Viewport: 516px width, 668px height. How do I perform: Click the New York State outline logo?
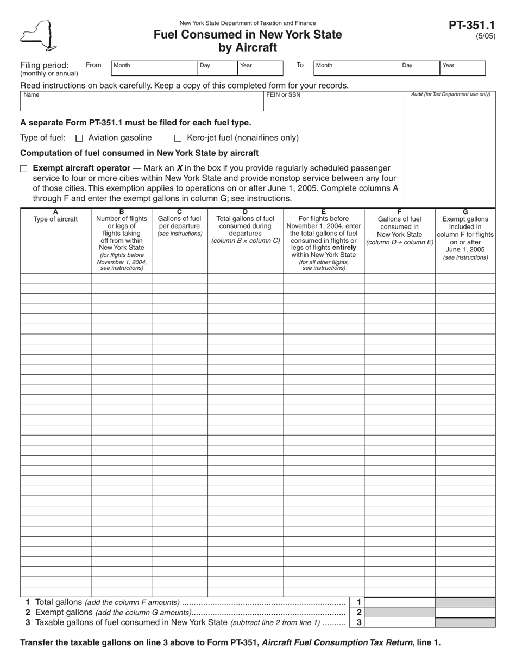pyautogui.click(x=37, y=35)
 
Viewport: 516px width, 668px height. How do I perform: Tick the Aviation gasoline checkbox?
pyautogui.click(x=79, y=138)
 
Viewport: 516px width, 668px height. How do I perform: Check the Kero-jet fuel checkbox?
pyautogui.click(x=178, y=138)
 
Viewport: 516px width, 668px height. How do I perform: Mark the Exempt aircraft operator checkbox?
pyautogui.click(x=23, y=168)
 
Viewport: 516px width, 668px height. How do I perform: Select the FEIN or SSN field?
pyautogui.click(x=334, y=102)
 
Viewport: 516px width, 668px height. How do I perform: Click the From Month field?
pyautogui.click(x=154, y=67)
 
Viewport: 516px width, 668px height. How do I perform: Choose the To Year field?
pyautogui.click(x=462, y=67)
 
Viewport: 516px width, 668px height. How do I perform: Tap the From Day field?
pyautogui.click(x=217, y=67)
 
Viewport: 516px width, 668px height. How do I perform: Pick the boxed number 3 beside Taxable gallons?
pyautogui.click(x=358, y=623)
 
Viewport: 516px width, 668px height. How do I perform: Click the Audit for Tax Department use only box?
pyautogui.click(x=450, y=147)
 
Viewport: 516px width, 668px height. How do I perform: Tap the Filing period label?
pyautogui.click(x=45, y=65)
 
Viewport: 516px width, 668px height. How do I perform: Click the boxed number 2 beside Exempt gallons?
pyautogui.click(x=358, y=613)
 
